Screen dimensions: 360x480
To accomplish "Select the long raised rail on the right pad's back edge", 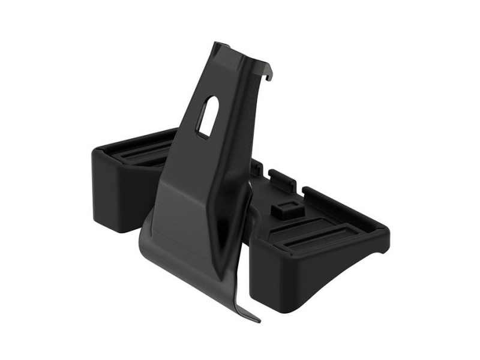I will click(x=342, y=204).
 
